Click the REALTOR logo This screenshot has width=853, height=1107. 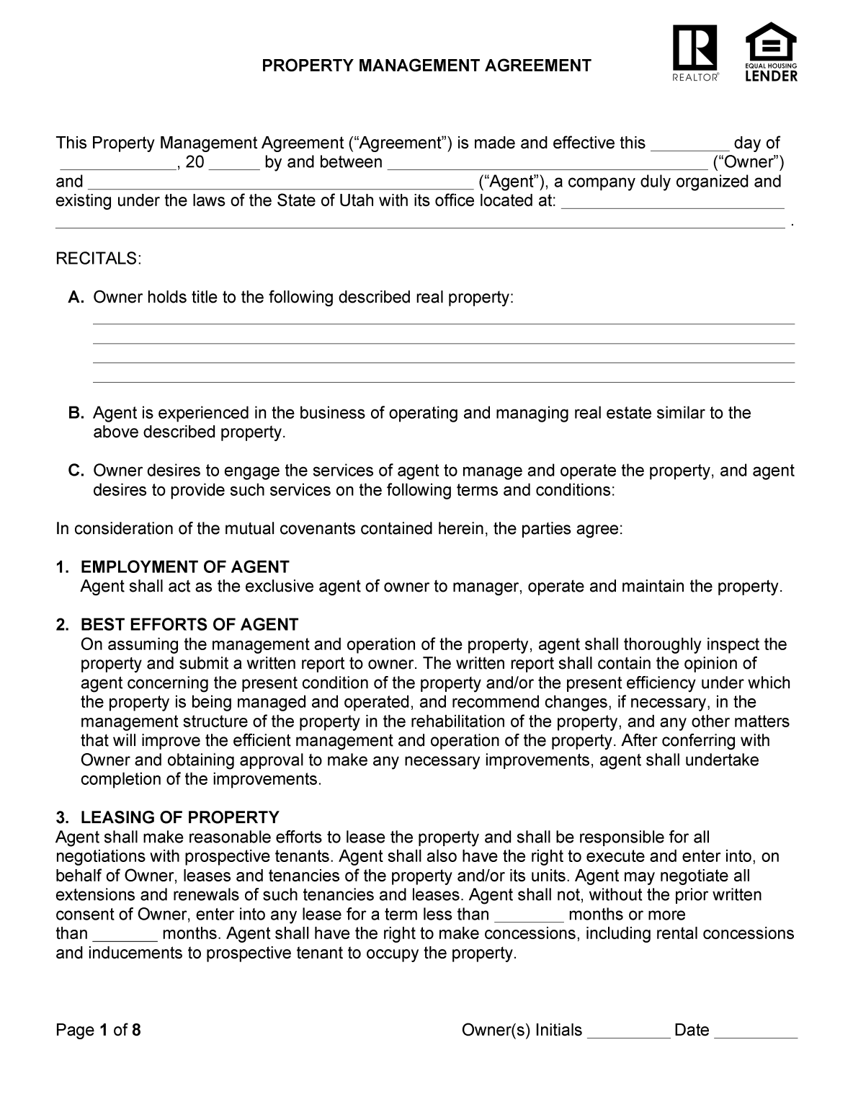(695, 53)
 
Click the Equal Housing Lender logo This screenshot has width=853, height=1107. (771, 52)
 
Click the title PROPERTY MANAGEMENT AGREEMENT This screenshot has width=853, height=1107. (426, 66)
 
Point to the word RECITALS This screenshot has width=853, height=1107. (99, 259)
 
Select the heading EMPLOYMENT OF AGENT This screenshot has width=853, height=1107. (184, 566)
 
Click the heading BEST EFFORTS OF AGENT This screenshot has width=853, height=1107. (189, 624)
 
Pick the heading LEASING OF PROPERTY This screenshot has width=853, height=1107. (179, 817)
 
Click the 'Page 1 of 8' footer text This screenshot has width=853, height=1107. (98, 1030)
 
